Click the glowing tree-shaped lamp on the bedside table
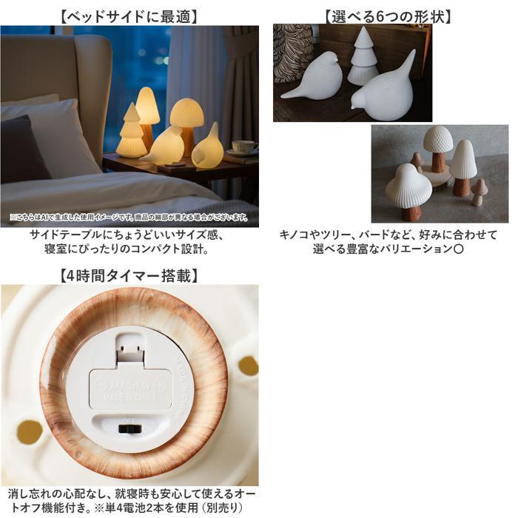[131, 133]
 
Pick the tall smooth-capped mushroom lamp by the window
[148, 107]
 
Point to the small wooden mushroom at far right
[479, 190]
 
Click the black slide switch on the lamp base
[130, 428]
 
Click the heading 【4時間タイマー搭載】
[129, 276]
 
